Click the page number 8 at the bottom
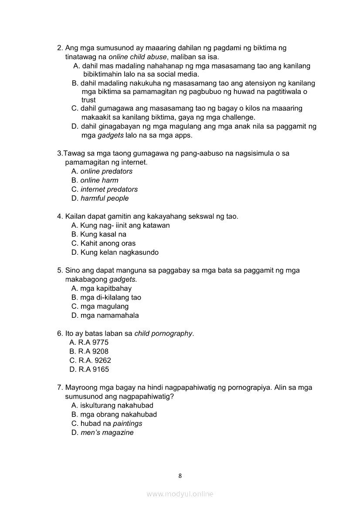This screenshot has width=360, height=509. click(180, 475)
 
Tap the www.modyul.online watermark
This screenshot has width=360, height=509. click(180, 494)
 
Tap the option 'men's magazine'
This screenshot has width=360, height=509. click(107, 433)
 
